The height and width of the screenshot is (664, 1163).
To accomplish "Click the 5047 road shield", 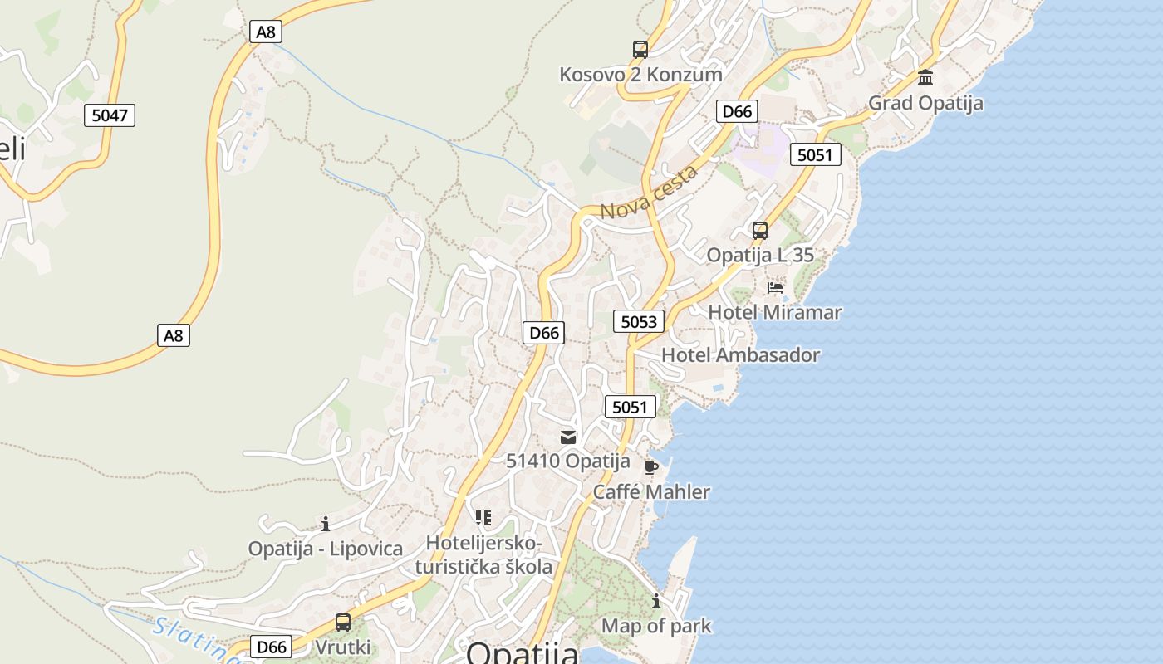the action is pyautogui.click(x=110, y=115).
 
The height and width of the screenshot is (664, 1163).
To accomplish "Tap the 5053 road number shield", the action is pyautogui.click(x=639, y=321).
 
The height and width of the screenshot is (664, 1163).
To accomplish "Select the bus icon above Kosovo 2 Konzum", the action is pyautogui.click(x=640, y=50).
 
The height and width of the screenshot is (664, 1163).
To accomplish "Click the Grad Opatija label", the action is pyautogui.click(x=925, y=103).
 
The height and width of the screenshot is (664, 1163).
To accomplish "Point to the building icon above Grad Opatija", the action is pyautogui.click(x=925, y=78).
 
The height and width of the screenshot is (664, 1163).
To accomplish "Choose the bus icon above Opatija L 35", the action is pyautogui.click(x=760, y=231).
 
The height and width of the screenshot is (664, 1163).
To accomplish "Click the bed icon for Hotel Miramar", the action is pyautogui.click(x=775, y=288).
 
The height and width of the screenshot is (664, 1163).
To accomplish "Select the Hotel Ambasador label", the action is pyautogui.click(x=741, y=355).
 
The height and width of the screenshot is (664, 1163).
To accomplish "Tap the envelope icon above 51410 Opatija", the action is pyautogui.click(x=568, y=437).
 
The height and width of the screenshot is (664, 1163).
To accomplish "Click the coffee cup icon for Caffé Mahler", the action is pyautogui.click(x=651, y=467).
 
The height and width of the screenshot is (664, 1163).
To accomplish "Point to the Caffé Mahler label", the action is pyautogui.click(x=651, y=492).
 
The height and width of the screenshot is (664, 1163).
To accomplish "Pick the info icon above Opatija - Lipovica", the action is pyautogui.click(x=326, y=524).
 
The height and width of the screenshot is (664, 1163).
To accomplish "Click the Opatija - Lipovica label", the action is pyautogui.click(x=326, y=549).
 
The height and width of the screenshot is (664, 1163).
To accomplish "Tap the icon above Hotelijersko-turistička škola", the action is pyautogui.click(x=483, y=519).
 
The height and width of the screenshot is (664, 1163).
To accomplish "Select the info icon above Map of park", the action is pyautogui.click(x=656, y=601).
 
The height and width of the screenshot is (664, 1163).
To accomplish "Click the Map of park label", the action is pyautogui.click(x=656, y=626).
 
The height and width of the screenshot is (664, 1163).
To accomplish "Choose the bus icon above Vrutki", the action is pyautogui.click(x=342, y=622).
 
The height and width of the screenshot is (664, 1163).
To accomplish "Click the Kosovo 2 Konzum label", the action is pyautogui.click(x=640, y=75).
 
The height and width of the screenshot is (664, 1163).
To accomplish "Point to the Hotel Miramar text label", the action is pyautogui.click(x=775, y=313).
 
